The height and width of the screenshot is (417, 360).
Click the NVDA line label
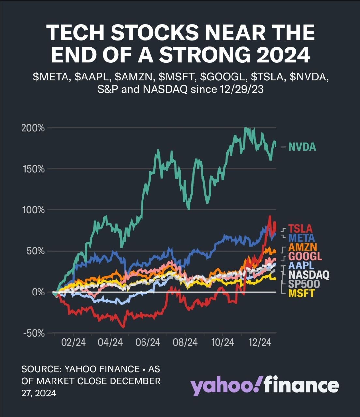(x=302, y=147)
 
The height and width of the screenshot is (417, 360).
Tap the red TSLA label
(x=300, y=229)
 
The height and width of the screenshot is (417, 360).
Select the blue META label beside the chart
(x=301, y=238)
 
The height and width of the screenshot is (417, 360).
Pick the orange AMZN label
(x=303, y=247)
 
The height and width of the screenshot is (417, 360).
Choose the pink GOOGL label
(x=305, y=256)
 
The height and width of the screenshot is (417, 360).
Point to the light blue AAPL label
(x=301, y=266)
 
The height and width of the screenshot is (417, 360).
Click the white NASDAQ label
(x=308, y=275)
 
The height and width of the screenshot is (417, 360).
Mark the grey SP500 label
(x=304, y=284)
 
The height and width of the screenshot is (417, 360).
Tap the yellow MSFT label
(x=301, y=293)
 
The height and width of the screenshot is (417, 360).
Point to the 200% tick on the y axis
(x=33, y=128)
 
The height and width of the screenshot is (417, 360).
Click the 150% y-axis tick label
(x=33, y=169)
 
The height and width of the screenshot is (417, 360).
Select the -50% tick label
(x=34, y=333)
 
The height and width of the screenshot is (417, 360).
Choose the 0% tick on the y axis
(x=38, y=292)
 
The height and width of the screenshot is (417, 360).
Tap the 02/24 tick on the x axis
(x=73, y=343)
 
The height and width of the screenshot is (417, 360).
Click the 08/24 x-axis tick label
(x=185, y=343)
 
